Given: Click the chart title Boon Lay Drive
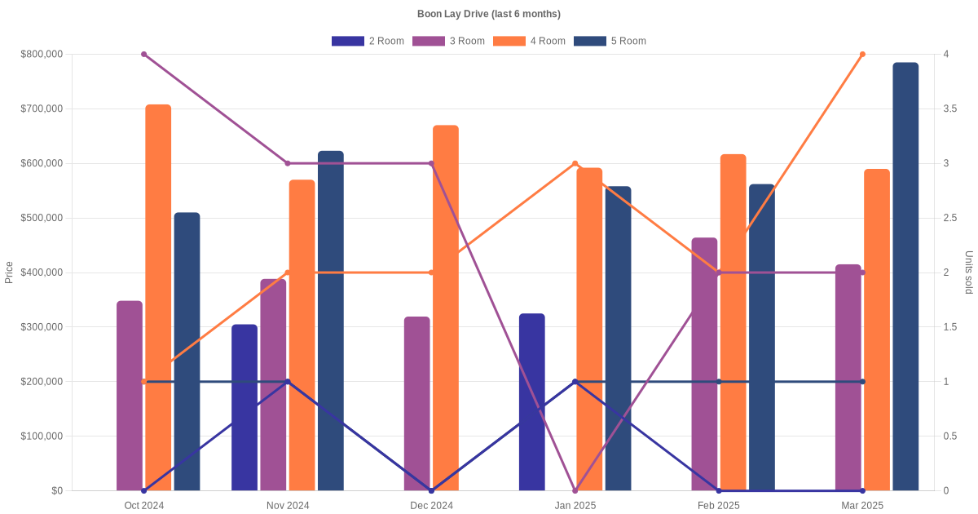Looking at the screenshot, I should [488, 14].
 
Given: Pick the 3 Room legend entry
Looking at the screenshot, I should [449, 41].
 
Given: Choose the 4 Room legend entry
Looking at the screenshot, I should [530, 41].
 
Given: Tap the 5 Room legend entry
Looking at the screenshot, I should [610, 41].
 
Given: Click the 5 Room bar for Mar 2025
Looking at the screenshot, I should [905, 277].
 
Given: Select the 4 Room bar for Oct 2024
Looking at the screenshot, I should [158, 298].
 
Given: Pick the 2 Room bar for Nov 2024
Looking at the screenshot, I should [244, 408].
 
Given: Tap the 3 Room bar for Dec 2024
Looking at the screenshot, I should [416, 404].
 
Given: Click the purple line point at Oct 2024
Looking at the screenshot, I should [144, 55].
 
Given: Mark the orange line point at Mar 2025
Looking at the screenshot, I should [862, 55].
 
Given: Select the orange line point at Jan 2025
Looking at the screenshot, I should [575, 164].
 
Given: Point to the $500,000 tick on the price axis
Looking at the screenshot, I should [42, 219].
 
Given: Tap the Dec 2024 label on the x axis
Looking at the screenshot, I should [431, 506].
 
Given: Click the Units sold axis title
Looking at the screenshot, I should [968, 273].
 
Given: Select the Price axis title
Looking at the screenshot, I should [9, 273].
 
